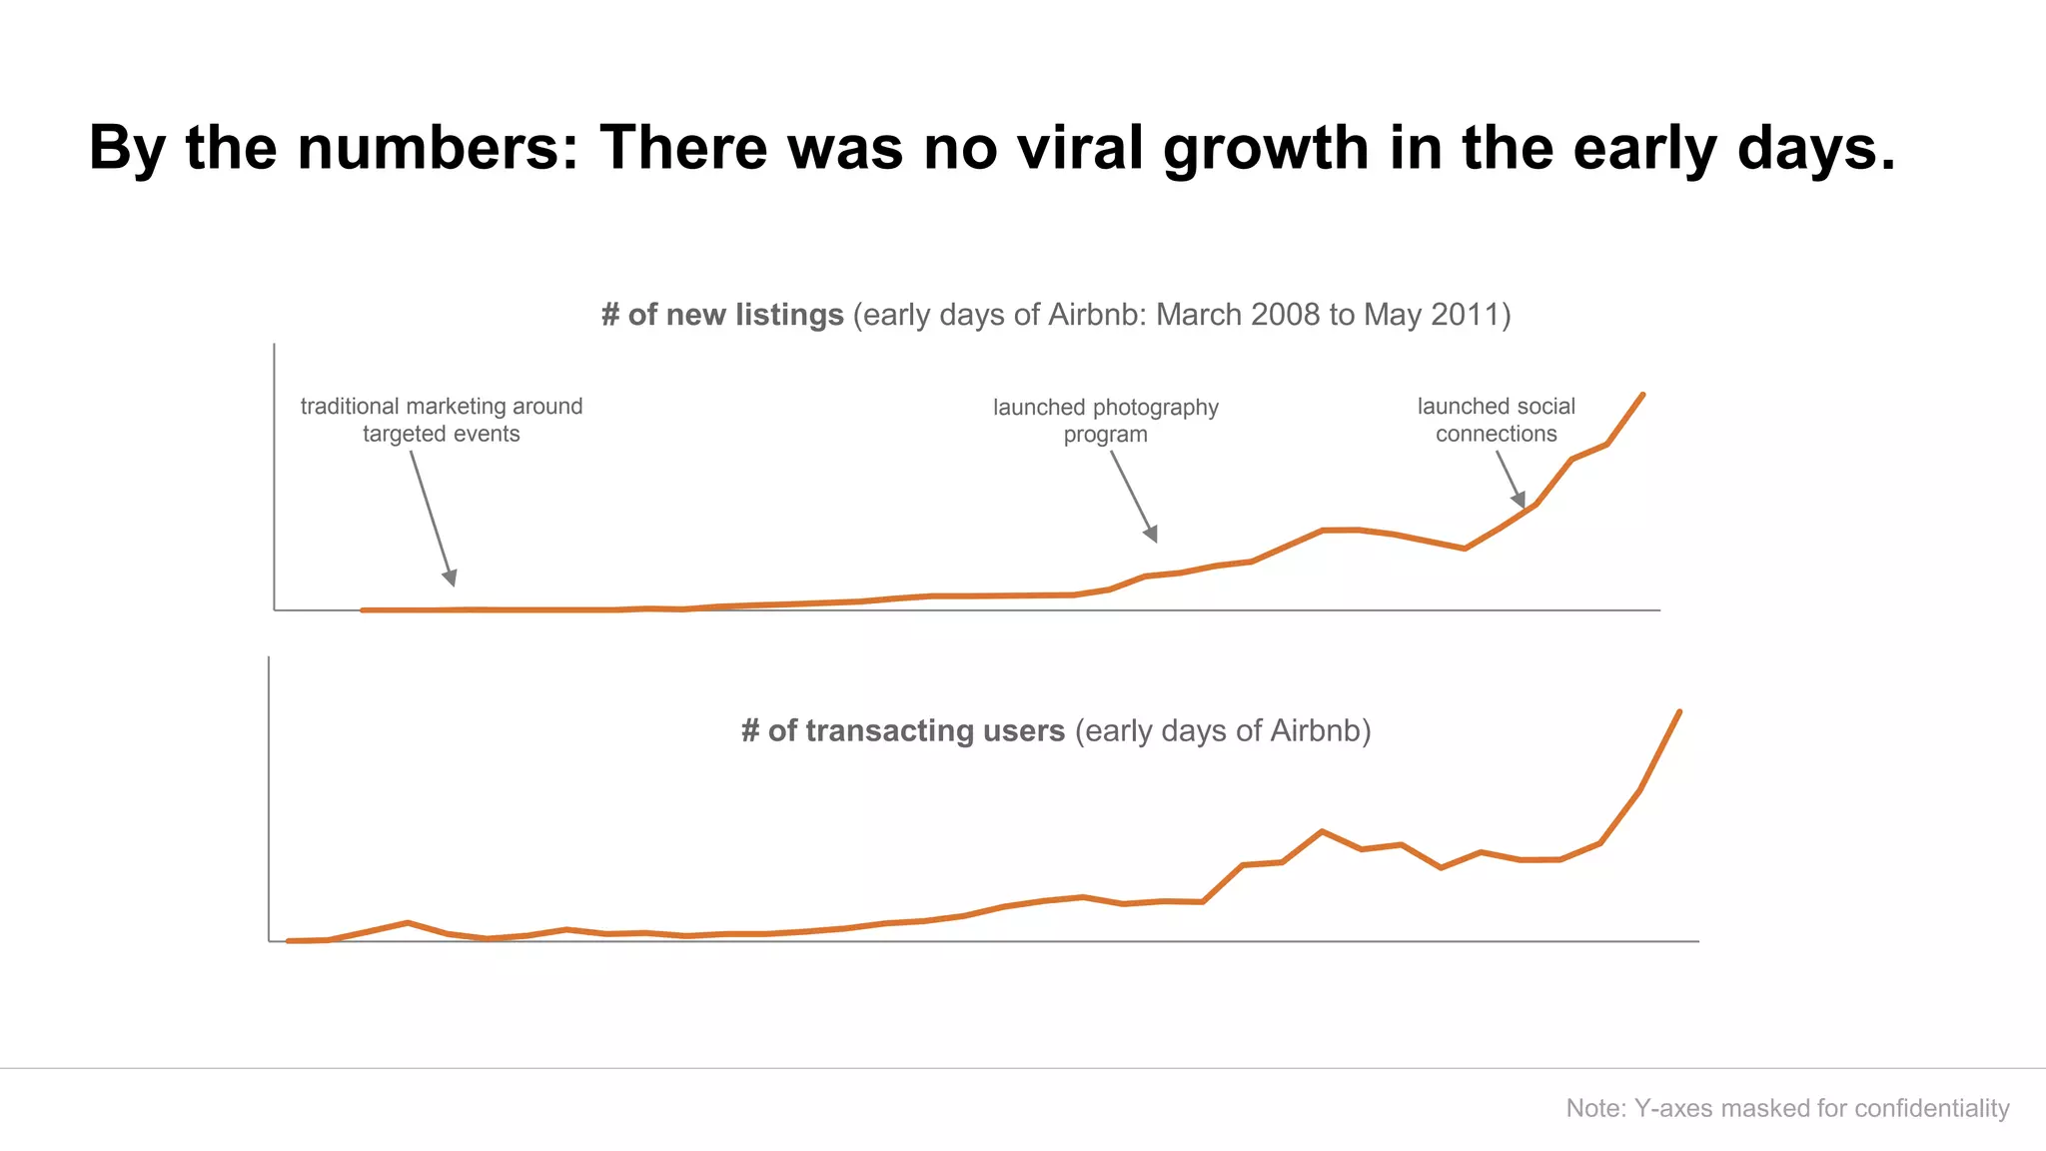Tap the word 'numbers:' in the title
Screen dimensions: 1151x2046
coord(438,148)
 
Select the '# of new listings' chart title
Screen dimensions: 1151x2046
coord(722,315)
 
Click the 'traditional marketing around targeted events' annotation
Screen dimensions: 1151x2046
coord(442,420)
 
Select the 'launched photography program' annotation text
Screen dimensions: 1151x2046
coord(1105,421)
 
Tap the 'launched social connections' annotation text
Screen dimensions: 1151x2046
coord(1496,420)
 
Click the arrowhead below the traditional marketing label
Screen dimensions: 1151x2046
coord(451,577)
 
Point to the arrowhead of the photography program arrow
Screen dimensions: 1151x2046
coord(1152,534)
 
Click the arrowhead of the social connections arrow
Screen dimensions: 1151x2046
coord(1520,499)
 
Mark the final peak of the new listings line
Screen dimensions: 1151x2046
coord(1642,395)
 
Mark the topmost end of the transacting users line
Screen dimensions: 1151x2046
coord(1679,712)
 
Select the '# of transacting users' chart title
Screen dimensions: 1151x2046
coord(903,730)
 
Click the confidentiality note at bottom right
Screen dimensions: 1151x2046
coord(1787,1108)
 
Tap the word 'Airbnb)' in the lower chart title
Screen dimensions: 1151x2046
coord(1320,730)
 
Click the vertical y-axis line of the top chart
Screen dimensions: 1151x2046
coord(274,480)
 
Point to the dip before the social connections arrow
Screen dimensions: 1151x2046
coord(1464,548)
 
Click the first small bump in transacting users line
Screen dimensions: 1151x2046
coord(407,922)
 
